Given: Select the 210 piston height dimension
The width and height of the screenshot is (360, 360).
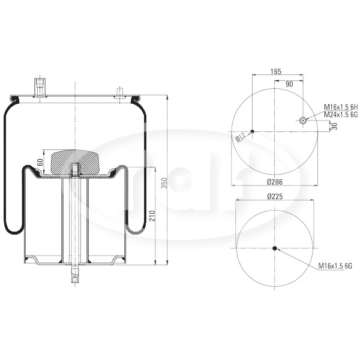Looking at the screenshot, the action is click(152, 215).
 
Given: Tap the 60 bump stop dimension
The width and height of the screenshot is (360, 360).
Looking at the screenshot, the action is click(40, 163).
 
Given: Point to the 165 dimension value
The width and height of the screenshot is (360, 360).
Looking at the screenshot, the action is click(276, 71).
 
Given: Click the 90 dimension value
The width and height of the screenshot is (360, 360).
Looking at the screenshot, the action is click(289, 84).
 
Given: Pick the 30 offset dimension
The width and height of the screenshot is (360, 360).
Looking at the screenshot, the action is click(335, 126).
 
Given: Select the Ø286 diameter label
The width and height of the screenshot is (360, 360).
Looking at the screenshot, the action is click(275, 182).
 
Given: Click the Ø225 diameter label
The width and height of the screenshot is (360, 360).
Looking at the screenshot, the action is click(275, 196).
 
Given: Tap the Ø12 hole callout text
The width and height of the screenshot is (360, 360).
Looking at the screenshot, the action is click(241, 137).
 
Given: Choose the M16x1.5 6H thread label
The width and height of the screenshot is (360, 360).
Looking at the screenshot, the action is click(341, 107).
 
